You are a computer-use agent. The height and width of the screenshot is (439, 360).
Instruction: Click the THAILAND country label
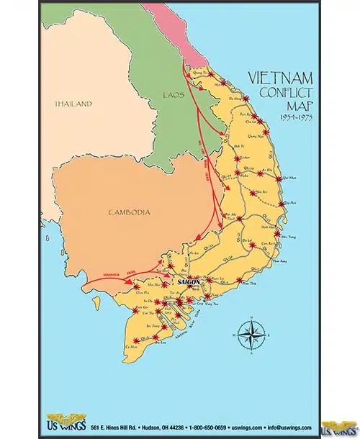73,104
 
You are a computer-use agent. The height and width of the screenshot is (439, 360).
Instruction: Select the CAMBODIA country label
129,212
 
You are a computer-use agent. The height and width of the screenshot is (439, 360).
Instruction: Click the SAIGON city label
189,284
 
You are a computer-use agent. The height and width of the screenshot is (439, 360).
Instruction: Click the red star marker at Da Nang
246,98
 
